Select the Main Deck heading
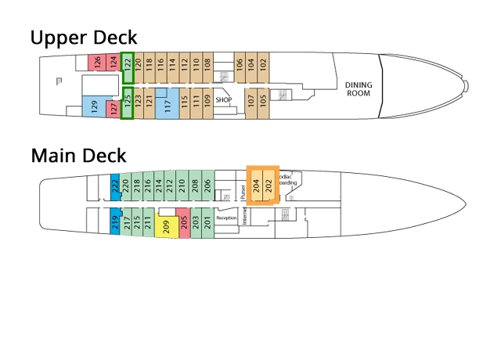(x=78, y=156)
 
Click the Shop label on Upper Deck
(x=225, y=99)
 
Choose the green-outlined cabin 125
(x=128, y=104)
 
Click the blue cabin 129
(x=95, y=108)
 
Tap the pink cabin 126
(x=97, y=63)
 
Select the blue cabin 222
(x=115, y=185)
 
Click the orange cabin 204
(x=254, y=185)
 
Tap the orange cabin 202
(x=269, y=185)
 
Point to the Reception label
(x=226, y=218)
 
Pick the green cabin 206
(x=207, y=185)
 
